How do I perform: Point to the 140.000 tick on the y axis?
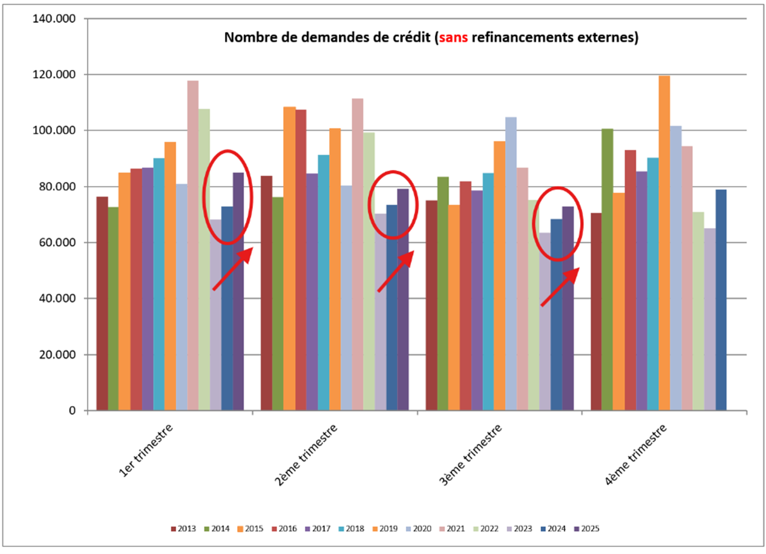(54, 19)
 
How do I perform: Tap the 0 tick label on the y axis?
(72, 411)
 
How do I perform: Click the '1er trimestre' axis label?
(146, 450)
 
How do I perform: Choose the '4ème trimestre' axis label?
(636, 454)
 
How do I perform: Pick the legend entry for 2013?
(183, 529)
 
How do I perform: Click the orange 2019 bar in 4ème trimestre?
(664, 243)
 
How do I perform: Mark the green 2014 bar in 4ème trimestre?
(607, 270)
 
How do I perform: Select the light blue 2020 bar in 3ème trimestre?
(510, 264)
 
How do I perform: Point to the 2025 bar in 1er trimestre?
(238, 291)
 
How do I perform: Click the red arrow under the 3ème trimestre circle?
(560, 286)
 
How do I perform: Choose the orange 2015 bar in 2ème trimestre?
(289, 259)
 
